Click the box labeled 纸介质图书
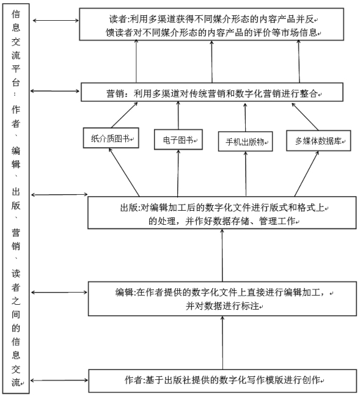point(111,138)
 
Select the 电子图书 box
point(178,139)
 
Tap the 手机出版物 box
point(246,141)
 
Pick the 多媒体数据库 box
point(318,140)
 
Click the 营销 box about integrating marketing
point(212,92)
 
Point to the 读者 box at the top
point(211,24)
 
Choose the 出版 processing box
point(222,213)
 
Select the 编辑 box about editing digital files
point(222,299)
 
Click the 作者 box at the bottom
point(222,381)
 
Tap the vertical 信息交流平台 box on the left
point(16,198)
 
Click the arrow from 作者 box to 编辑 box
point(222,343)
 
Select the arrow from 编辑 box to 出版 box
point(222,255)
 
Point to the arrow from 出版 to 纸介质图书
point(124,172)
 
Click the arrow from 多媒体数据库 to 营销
point(305,117)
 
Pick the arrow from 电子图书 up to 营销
point(178,115)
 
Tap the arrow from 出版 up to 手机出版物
point(246,174)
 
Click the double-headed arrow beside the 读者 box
point(56,21)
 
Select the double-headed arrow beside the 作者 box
point(59,380)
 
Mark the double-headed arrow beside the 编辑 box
point(59,293)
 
